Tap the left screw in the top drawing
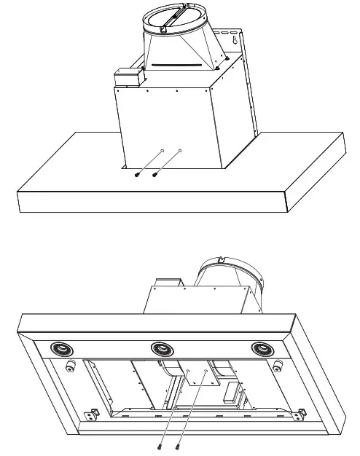coord(138,174)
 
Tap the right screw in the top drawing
coord(155,174)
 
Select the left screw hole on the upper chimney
coord(162,152)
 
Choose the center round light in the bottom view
coord(160,349)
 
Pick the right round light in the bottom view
coord(262,349)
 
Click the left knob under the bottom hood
coord(71,366)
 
